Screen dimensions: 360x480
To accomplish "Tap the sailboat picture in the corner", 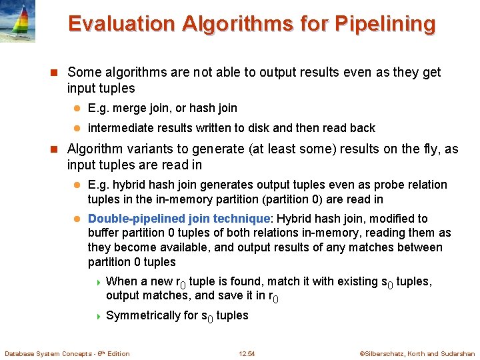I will coord(18,20).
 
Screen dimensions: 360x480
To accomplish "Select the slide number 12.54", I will coord(247,353).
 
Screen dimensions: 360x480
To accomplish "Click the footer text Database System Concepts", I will coord(51,353).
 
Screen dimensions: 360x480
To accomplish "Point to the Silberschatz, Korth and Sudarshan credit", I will coord(417,353).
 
